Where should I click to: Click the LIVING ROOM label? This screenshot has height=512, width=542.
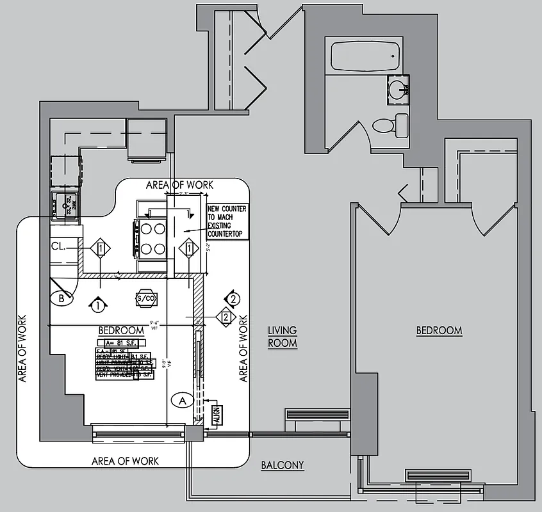[283, 337]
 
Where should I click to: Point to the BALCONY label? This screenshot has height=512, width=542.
[283, 465]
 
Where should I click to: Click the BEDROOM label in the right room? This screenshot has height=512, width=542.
[439, 331]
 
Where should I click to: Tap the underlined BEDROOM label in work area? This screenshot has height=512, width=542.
[121, 330]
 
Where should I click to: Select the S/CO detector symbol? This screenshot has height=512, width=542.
[146, 298]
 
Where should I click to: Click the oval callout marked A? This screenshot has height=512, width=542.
[182, 401]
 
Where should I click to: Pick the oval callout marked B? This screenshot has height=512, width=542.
[62, 298]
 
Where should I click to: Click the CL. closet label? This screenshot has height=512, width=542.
[59, 245]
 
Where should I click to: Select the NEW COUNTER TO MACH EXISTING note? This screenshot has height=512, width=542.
[226, 221]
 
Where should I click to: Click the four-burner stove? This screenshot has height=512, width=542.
[149, 239]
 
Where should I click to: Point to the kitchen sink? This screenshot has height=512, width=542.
[65, 206]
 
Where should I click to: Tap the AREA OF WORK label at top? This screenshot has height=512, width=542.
[179, 185]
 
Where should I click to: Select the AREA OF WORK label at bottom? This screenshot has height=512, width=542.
[125, 461]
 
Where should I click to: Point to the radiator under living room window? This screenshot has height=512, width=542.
[317, 415]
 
